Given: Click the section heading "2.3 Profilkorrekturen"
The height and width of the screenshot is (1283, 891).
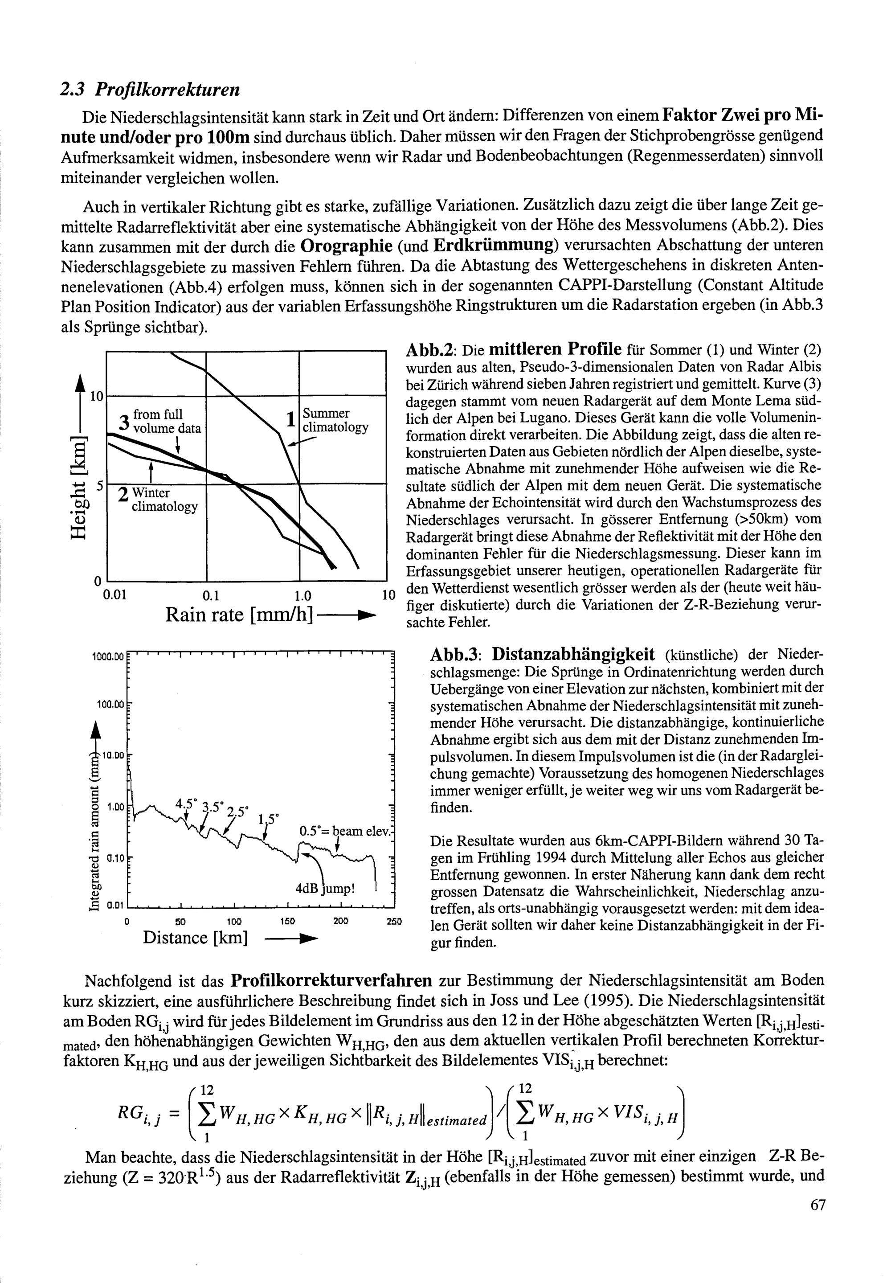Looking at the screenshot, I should click(x=150, y=89).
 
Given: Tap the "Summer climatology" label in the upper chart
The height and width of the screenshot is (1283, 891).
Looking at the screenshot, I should click(x=335, y=420).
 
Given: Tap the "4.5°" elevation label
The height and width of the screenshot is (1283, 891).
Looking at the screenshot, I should click(x=187, y=804).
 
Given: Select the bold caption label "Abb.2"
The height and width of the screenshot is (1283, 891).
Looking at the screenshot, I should click(x=431, y=351).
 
